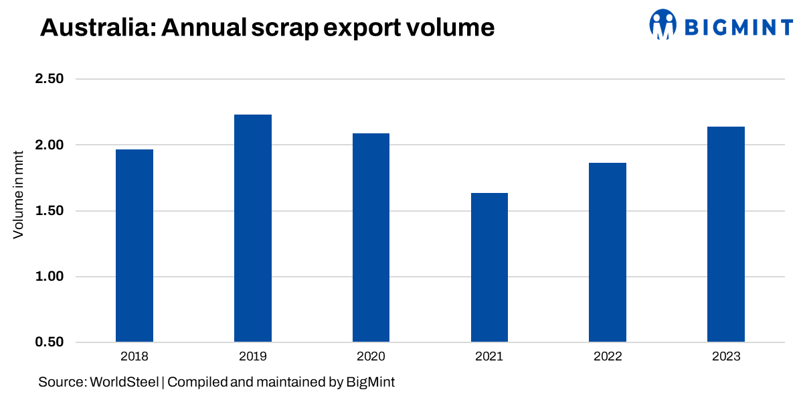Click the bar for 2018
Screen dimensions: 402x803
click(x=135, y=246)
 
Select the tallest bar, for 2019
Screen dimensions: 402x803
click(x=253, y=228)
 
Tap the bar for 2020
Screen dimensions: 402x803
click(x=371, y=238)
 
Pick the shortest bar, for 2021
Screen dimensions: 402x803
click(x=489, y=268)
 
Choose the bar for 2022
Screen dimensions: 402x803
click(x=608, y=253)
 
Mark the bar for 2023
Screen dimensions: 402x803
click(x=726, y=234)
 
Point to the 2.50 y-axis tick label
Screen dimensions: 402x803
click(x=48, y=79)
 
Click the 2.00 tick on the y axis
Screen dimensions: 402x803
click(x=48, y=145)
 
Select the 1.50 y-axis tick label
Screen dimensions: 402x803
click(x=48, y=211)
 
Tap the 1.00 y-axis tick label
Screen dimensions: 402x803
click(x=48, y=277)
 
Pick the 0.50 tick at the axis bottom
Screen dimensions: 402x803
click(x=48, y=342)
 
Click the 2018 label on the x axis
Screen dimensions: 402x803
click(x=135, y=356)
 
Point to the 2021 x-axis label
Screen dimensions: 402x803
click(x=489, y=356)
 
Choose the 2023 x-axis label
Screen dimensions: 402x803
click(x=726, y=356)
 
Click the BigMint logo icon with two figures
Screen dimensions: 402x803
click(x=663, y=24)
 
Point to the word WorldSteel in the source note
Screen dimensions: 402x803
click(x=124, y=383)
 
